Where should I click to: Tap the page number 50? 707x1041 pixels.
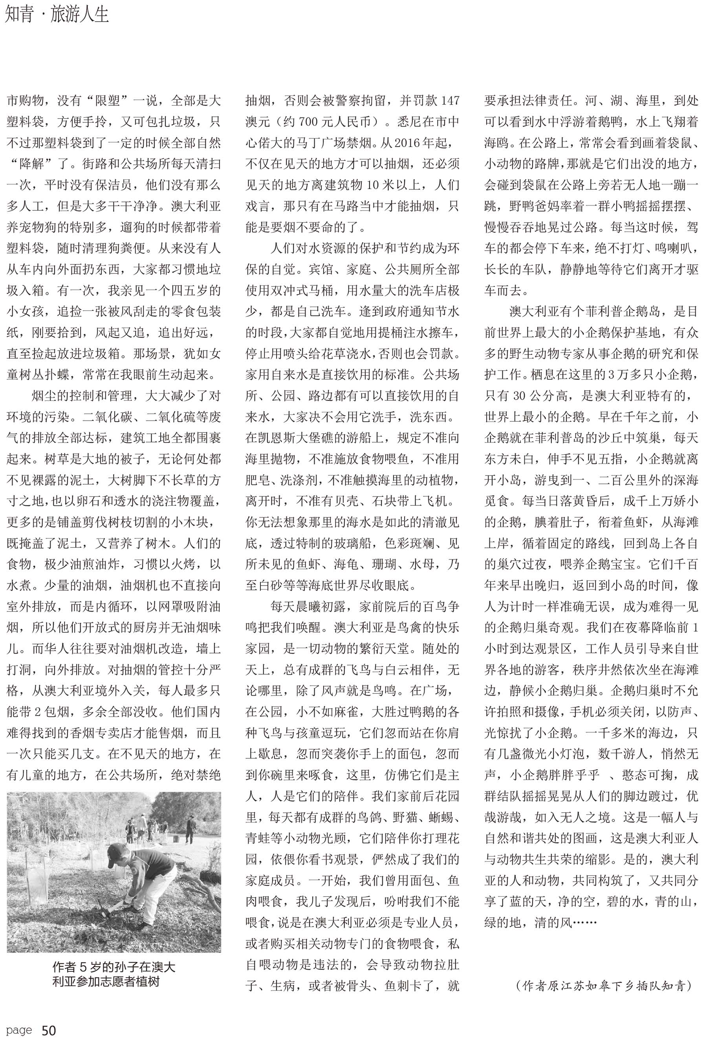pyautogui.click(x=48, y=1030)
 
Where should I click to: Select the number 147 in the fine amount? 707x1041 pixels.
pyautogui.click(x=450, y=101)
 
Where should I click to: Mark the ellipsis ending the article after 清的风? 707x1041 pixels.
pyautogui.click(x=585, y=923)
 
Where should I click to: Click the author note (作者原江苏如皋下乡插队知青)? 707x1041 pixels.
pyautogui.click(x=603, y=986)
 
